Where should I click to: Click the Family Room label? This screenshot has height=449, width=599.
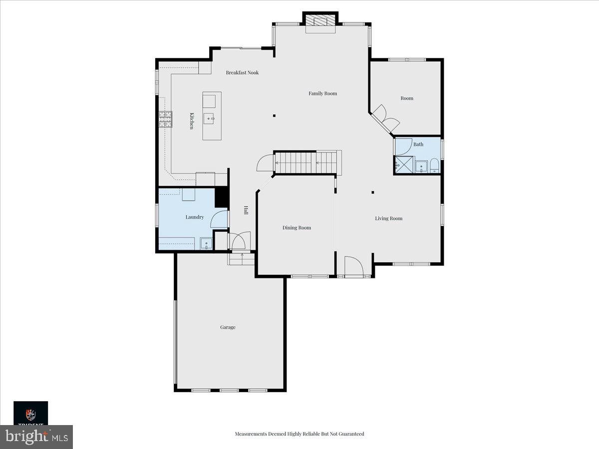point(322,93)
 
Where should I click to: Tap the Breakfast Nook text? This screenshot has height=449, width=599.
point(242,72)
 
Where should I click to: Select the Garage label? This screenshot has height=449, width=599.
point(228,327)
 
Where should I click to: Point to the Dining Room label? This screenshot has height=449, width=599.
point(297,227)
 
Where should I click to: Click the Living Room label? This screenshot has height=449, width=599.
point(388,219)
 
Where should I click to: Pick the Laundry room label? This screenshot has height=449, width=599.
point(195,218)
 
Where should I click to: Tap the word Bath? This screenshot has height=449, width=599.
point(418,144)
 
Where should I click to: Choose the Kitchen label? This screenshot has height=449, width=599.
point(192,121)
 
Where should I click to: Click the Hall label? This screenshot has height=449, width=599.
point(246,210)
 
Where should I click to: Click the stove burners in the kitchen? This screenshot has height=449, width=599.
point(166,119)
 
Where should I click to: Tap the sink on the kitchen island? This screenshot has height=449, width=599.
point(209,119)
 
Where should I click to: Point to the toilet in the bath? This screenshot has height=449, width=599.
point(434,166)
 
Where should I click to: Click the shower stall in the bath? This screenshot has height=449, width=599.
point(404,165)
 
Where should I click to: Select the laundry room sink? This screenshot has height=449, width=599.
point(206,243)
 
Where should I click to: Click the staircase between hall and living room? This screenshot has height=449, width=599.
point(307,163)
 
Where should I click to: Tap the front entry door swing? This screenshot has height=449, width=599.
point(354,266)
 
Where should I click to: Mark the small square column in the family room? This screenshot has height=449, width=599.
point(274,116)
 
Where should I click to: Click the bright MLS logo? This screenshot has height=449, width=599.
point(36,437)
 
